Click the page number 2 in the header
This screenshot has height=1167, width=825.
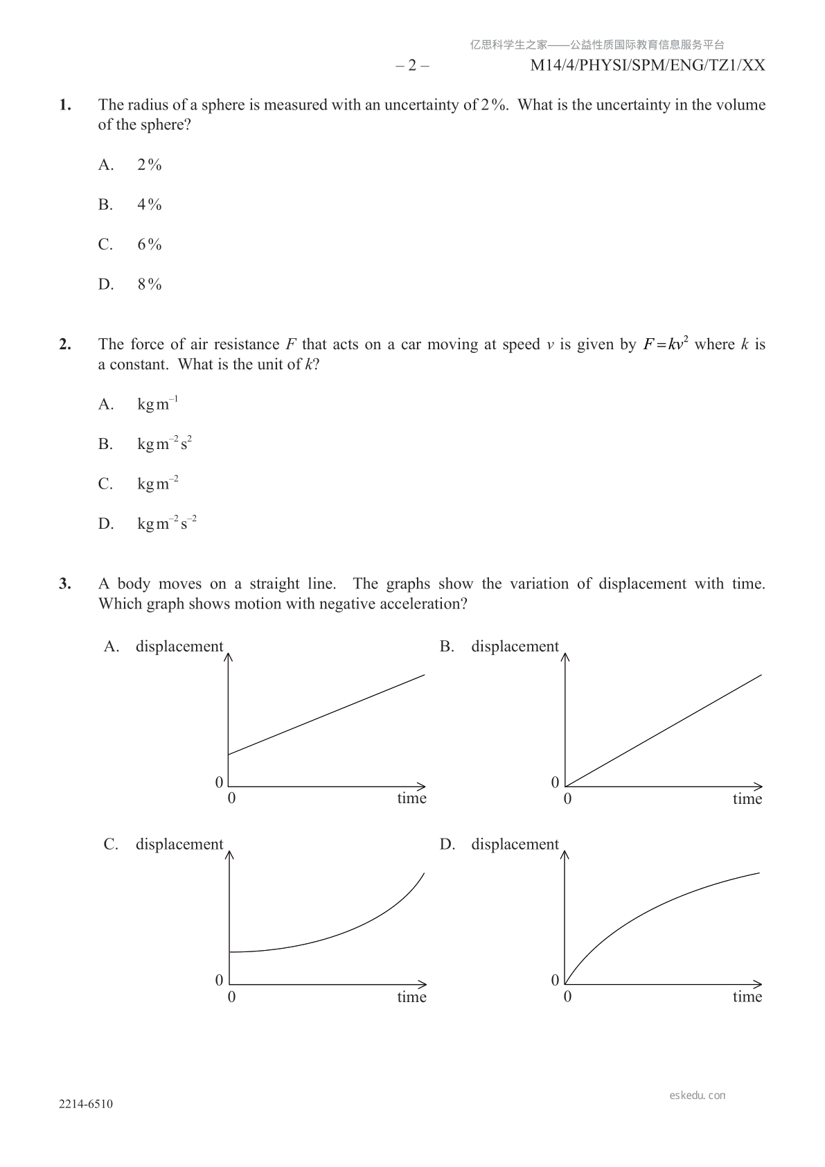point(412,66)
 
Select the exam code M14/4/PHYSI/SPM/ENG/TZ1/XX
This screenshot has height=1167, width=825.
point(648,66)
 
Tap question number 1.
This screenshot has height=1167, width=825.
point(65,105)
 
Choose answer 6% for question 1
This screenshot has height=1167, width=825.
point(149,245)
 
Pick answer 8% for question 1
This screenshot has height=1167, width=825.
point(149,285)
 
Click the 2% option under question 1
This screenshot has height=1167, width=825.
point(149,165)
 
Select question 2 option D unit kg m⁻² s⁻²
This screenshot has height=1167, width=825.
point(167,523)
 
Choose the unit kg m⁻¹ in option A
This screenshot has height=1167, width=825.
point(158,404)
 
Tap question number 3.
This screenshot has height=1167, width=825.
point(65,584)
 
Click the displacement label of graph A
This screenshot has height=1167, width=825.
point(179,647)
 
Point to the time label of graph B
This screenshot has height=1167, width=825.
point(747,799)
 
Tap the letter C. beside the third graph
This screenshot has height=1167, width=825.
point(111,844)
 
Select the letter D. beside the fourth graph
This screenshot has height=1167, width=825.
point(447,844)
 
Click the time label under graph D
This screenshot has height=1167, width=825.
point(747,997)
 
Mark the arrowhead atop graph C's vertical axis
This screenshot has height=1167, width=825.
point(229,855)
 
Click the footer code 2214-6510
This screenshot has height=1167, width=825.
point(86,1105)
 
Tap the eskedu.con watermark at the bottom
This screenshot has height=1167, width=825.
point(698,1096)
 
